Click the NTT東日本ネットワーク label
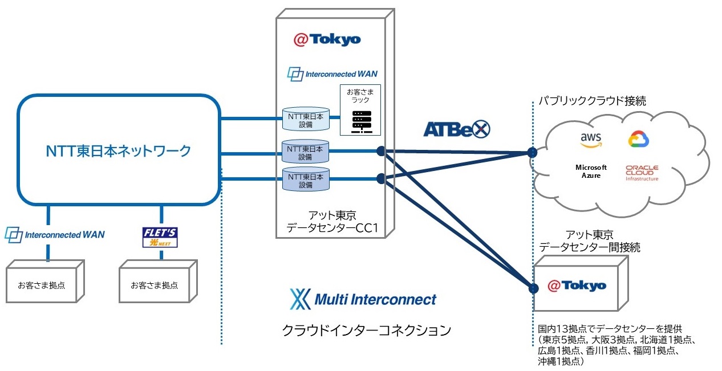[x=118, y=151]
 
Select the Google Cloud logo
[x=639, y=139]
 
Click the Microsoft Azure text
[x=590, y=172]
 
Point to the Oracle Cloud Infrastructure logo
[x=642, y=173]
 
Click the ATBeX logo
[x=456, y=129]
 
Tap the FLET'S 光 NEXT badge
[x=160, y=237]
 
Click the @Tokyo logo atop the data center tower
[x=327, y=39]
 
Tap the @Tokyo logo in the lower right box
[x=577, y=286]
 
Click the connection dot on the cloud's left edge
[x=532, y=153]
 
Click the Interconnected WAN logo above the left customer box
[x=55, y=234]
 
